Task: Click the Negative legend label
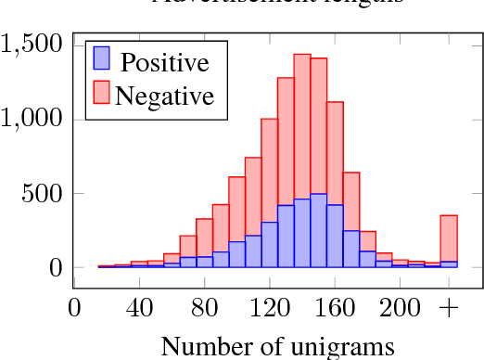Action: coord(165,95)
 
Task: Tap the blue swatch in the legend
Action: coord(102,60)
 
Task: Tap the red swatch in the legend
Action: coord(102,93)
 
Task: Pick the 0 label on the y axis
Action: coord(55,268)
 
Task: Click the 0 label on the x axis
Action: coord(74,307)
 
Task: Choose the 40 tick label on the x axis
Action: coord(139,307)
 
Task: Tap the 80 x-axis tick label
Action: coord(204,307)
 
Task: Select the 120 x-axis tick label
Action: coord(269,307)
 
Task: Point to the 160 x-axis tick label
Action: coord(335,307)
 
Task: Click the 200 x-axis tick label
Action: coord(400,307)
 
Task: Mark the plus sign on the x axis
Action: coord(449,307)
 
